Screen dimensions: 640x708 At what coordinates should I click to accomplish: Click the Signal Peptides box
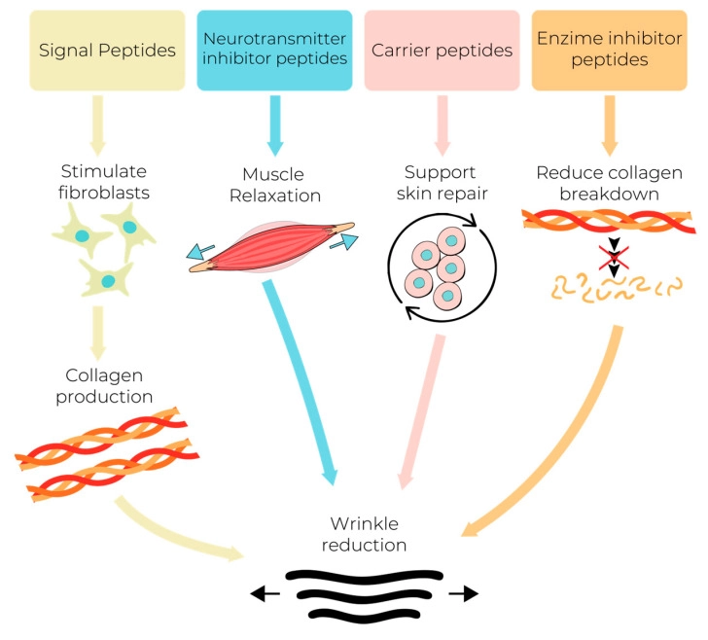[x=107, y=50]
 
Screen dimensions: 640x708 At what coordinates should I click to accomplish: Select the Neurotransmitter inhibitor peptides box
[x=274, y=50]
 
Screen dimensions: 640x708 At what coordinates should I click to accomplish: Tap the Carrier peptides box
[x=442, y=50]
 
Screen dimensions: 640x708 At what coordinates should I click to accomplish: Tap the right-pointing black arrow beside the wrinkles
[x=463, y=591]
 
